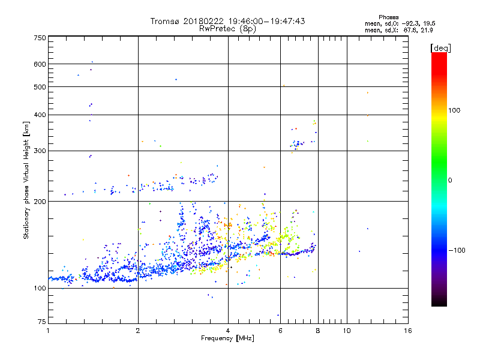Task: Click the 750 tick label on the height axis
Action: point(40,38)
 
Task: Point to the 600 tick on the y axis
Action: point(40,64)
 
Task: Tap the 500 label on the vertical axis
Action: point(40,87)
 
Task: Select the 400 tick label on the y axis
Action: point(40,115)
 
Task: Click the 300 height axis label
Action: point(40,151)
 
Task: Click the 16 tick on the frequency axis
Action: point(408,331)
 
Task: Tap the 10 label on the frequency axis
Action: point(346,331)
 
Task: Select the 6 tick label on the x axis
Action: point(280,331)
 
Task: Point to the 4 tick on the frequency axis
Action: point(227,331)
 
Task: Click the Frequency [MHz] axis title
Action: point(228,339)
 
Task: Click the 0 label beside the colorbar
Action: point(451,180)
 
